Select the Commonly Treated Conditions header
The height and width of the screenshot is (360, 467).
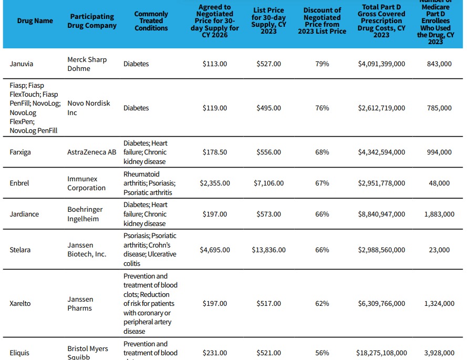[151, 21]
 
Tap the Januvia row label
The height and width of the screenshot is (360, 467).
[22, 64]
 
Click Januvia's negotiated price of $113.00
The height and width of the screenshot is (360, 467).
[215, 64]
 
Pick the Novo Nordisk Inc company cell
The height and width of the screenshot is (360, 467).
[89, 108]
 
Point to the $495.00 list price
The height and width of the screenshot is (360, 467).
[269, 108]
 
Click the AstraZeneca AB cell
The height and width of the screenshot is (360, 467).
[92, 152]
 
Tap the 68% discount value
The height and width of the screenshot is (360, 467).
[322, 152]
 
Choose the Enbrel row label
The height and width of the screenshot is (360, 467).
[19, 183]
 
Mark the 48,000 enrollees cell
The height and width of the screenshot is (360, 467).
[439, 183]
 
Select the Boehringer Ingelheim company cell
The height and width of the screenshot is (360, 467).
[85, 214]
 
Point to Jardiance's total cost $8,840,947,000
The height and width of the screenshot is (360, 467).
[381, 214]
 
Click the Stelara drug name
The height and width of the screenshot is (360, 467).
[20, 250]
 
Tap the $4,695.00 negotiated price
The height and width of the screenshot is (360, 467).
[215, 250]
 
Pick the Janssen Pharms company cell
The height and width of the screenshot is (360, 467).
[80, 304]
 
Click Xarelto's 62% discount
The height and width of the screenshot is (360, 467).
[322, 304]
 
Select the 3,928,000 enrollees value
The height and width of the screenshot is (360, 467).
[439, 353]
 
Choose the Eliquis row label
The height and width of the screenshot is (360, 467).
[20, 353]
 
